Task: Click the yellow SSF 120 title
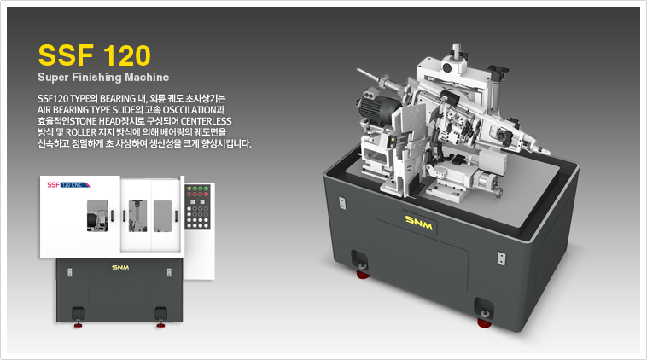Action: coord(95,55)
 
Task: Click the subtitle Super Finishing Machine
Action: coord(103,78)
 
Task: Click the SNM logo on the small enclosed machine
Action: coord(119,268)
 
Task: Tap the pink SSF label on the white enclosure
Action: coord(55,183)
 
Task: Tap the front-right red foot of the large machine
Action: coord(483,319)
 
